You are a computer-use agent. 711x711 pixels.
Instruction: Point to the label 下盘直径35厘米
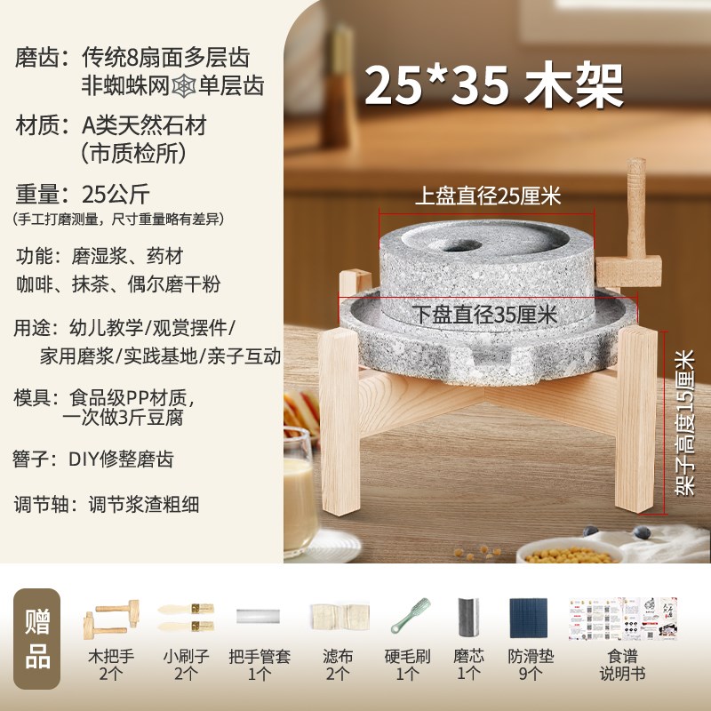coord(485,313)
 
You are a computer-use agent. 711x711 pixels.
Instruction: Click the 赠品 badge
coord(36,638)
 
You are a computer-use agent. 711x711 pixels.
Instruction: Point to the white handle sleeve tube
coord(259,615)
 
